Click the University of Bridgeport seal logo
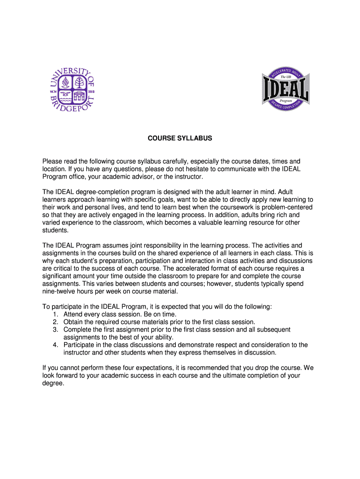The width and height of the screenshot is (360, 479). click(x=72, y=89)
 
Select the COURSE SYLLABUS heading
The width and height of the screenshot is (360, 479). click(x=180, y=138)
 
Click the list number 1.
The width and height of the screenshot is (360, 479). click(x=56, y=314)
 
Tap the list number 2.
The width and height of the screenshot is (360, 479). click(x=56, y=322)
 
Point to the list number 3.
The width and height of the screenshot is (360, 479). click(x=56, y=329)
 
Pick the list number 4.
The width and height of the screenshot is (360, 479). click(x=56, y=345)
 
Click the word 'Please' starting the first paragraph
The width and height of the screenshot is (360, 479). click(x=52, y=161)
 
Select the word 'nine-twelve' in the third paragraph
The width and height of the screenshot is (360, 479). click(x=60, y=291)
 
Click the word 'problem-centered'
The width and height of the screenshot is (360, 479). click(x=288, y=207)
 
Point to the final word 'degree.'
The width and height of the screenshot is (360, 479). click(x=53, y=383)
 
